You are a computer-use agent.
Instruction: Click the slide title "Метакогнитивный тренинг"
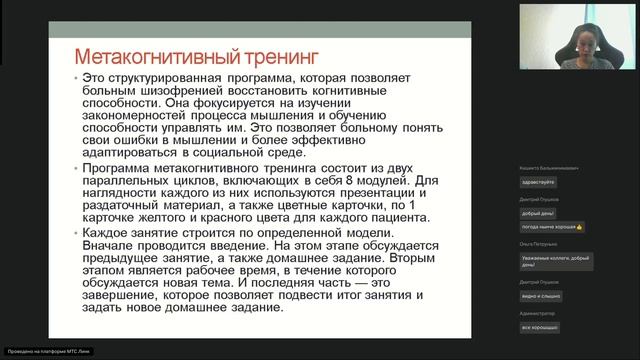coord(162,52)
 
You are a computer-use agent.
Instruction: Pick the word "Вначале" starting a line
coord(107,249)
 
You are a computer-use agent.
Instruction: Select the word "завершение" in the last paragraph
coord(125,295)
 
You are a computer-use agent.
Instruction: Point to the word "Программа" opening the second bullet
coord(122,170)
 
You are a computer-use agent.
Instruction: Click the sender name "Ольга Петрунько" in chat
coord(538,243)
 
